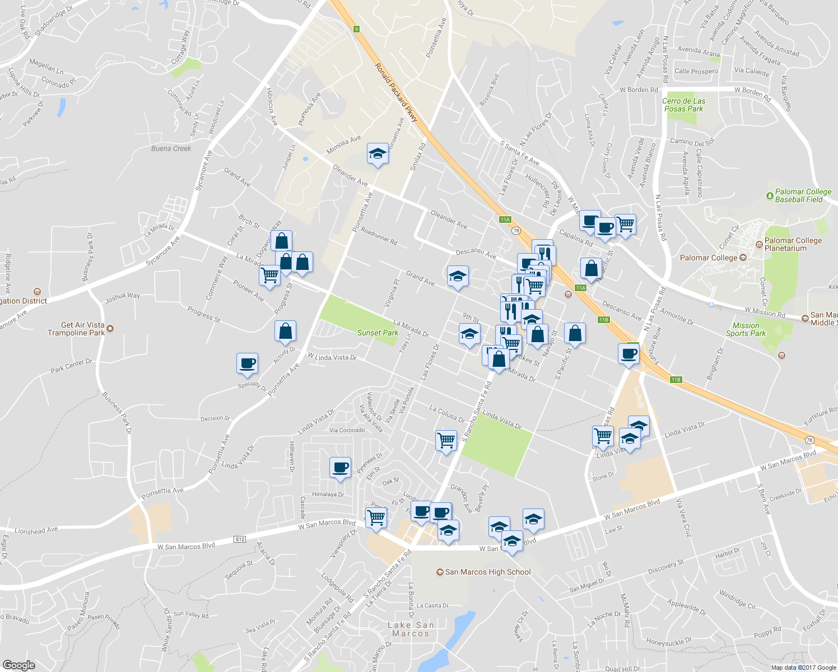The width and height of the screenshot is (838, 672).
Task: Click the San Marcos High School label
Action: [x=487, y=572]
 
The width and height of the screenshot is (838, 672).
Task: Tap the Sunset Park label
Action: [x=378, y=333]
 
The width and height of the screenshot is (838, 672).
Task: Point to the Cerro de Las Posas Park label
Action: [x=683, y=105]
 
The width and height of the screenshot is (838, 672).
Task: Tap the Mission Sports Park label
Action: [x=746, y=329]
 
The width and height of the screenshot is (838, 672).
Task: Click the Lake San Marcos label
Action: [x=411, y=629]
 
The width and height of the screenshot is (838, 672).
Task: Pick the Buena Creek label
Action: [x=171, y=148]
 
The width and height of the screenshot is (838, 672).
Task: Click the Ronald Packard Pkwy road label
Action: [x=396, y=92]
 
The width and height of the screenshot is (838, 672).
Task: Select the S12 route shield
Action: [x=240, y=539]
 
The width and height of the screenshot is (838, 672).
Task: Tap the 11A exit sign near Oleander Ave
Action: [x=505, y=220]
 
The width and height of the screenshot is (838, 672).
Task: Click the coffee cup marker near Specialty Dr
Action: [x=247, y=363]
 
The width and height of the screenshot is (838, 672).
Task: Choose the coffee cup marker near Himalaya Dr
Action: [x=340, y=467]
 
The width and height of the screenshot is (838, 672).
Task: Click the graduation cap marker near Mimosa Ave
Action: [x=378, y=154]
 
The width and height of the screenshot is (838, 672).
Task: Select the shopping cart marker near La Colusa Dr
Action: [x=446, y=440]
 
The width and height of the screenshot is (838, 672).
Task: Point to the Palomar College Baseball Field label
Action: [x=802, y=195]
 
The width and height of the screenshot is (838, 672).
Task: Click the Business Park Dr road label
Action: [x=117, y=413]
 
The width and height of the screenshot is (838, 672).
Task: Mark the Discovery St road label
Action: [x=665, y=567]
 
